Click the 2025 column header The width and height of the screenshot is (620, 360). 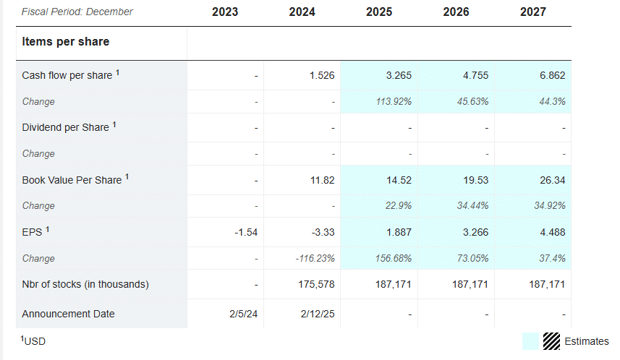coord(379,12)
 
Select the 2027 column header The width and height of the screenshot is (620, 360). coord(533,12)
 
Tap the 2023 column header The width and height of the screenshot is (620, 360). coord(225,12)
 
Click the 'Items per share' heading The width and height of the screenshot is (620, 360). coord(66,42)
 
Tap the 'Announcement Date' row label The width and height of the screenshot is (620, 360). coord(68,314)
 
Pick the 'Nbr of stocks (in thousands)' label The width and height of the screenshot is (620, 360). coord(85,284)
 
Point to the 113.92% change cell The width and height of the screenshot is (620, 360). coord(394,101)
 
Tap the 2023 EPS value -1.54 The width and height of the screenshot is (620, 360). coord(245,232)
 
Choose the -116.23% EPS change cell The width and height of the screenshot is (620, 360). coord(315,258)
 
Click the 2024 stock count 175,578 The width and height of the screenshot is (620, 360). coord(315,284)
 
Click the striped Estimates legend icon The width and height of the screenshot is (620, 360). coord(552,341)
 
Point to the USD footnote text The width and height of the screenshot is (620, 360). coord(34,340)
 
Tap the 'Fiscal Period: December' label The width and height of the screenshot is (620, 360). coord(77,12)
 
